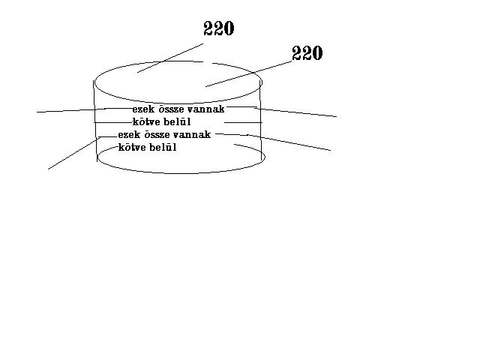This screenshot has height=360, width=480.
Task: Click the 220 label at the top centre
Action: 219,29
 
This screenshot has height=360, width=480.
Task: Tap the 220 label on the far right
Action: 307,54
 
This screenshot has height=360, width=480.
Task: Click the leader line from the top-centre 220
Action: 170,57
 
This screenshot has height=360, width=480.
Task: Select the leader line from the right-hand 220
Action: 247,74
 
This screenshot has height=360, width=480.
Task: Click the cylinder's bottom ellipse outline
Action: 180,172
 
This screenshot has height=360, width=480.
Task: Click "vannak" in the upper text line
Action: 206,109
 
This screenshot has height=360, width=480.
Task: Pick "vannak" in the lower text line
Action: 193,135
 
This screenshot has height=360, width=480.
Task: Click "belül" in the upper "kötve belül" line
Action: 177,121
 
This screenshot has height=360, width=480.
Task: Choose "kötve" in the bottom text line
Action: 133,148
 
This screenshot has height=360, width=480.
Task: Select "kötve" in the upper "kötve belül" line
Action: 146,121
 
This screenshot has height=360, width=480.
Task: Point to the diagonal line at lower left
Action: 71,154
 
